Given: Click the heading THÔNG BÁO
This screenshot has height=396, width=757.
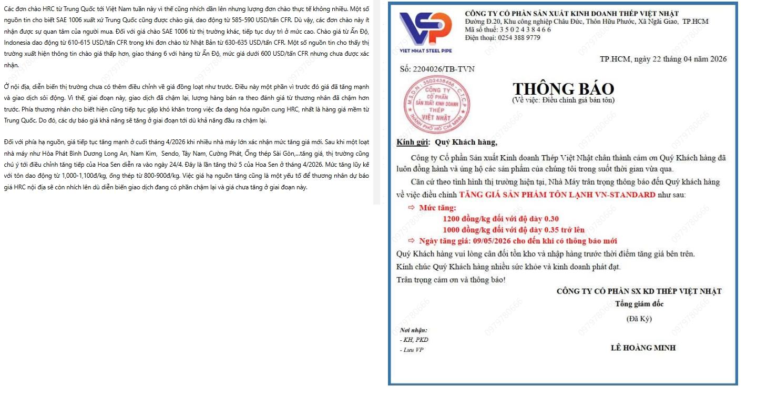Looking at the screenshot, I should click(x=563, y=89).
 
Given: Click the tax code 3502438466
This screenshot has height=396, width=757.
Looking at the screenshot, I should click(x=525, y=29).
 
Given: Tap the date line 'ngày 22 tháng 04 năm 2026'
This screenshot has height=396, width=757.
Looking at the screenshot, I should click(x=680, y=59).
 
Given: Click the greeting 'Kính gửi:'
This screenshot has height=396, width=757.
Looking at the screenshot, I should click(x=413, y=142).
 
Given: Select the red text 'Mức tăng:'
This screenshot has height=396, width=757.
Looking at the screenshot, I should click(x=437, y=208).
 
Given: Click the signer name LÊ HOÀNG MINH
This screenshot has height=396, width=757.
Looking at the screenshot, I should click(x=643, y=348).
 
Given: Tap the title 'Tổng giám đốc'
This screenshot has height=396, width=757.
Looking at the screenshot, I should click(x=639, y=304).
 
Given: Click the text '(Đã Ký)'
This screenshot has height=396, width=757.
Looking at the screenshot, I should click(x=639, y=318).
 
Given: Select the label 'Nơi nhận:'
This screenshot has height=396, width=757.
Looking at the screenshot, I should click(x=414, y=330).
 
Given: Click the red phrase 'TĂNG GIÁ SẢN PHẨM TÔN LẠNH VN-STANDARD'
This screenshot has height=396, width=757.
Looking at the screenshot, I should click(x=557, y=195).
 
